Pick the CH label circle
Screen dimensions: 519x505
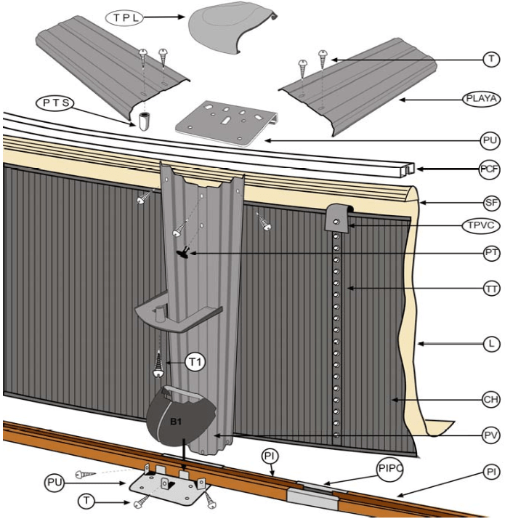(x=491, y=399)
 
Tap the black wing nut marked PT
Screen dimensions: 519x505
(x=184, y=252)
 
